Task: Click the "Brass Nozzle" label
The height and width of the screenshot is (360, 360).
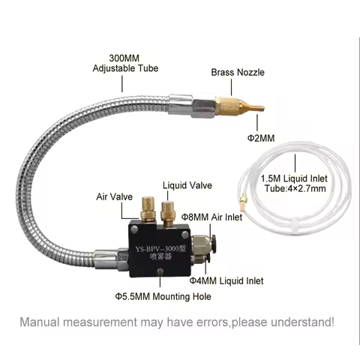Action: click(238, 73)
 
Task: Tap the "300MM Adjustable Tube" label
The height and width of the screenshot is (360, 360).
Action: click(125, 63)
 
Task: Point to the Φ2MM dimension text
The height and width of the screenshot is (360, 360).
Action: click(261, 138)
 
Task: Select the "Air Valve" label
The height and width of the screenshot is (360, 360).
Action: click(115, 196)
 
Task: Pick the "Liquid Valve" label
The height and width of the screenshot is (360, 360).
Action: click(187, 185)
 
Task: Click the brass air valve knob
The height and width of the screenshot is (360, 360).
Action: click(148, 209)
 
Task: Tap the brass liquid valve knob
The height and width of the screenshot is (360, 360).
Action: click(167, 213)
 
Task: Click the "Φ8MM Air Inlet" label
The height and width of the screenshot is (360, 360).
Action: click(211, 217)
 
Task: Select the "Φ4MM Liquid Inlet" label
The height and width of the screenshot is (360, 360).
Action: click(226, 280)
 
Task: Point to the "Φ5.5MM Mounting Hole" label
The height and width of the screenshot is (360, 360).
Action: click(163, 296)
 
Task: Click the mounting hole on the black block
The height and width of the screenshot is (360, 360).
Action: click(160, 271)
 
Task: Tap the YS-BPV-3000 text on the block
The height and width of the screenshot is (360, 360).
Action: click(160, 249)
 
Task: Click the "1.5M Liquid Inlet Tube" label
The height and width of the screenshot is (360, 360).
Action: click(295, 184)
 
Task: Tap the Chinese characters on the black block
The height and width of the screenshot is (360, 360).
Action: click(160, 257)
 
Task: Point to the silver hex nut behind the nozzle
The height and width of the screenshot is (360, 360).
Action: click(204, 108)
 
